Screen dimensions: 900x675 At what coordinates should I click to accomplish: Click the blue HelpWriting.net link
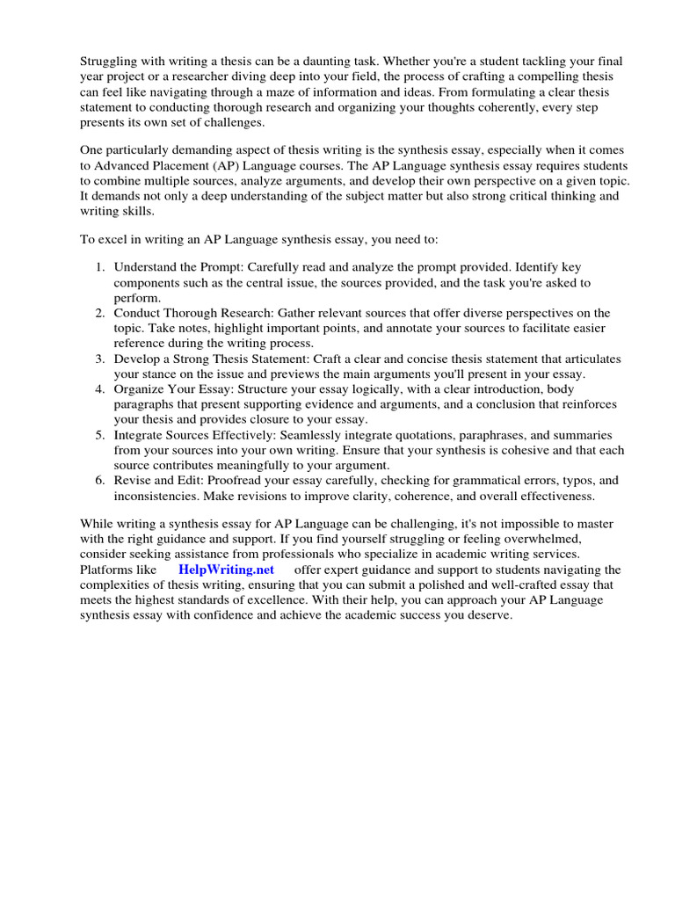click(x=227, y=570)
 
